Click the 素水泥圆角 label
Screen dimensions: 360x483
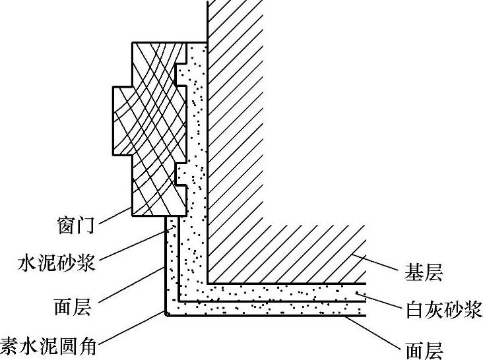48,344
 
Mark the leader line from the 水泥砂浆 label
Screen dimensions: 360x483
136,243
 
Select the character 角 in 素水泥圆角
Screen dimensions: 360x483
86,344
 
